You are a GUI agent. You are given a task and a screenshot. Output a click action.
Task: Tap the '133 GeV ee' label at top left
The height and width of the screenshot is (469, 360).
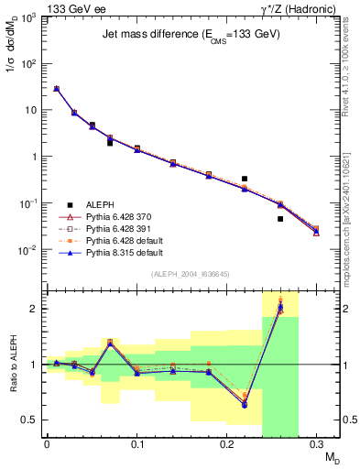[x=71, y=8]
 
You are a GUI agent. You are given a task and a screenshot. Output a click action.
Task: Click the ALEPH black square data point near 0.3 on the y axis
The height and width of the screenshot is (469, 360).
[x=245, y=179]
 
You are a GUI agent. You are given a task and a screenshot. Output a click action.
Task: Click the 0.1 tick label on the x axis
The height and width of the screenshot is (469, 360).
[x=136, y=446]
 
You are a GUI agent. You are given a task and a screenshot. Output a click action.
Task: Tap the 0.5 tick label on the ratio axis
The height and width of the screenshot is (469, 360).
[x=31, y=420]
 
